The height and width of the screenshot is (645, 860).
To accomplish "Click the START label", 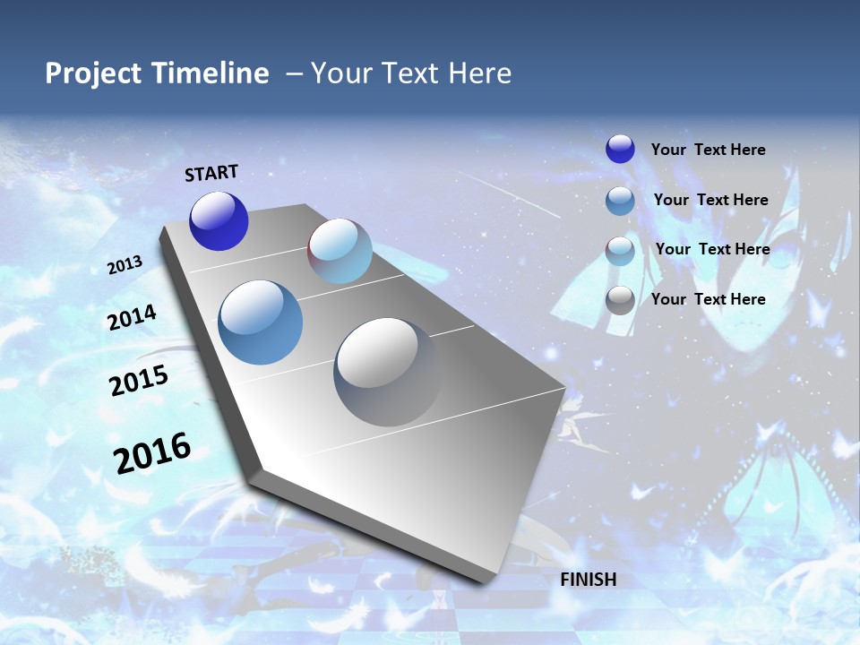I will [211, 173].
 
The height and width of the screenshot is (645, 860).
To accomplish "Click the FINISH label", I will [588, 580].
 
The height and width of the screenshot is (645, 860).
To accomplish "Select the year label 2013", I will [125, 265].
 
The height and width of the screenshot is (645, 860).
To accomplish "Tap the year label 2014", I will [132, 317].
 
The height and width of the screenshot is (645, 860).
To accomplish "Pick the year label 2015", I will [139, 381].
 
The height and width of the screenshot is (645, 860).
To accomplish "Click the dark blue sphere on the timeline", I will [219, 221].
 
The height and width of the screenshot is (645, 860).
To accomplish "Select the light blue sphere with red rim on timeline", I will [340, 251].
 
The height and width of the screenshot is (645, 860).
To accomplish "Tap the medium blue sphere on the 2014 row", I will [261, 322].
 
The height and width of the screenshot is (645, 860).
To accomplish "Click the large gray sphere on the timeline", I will [387, 371].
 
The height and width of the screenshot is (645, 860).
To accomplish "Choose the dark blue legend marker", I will [620, 149].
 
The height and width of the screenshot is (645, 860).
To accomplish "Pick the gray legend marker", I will [620, 300].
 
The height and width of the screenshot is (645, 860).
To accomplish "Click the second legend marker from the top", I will [620, 201].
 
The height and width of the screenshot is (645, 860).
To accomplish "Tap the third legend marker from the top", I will [620, 251].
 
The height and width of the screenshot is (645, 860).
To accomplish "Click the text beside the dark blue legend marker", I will [708, 150].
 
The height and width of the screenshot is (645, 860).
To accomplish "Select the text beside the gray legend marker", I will [708, 299].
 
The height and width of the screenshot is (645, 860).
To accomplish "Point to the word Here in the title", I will [479, 73].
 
